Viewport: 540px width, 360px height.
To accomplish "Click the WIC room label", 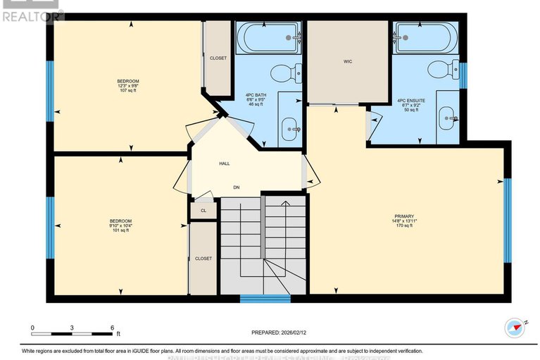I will (347, 62).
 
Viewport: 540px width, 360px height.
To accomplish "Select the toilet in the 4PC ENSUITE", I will (440, 70).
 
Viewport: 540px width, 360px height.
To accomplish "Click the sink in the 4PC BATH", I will (289, 128).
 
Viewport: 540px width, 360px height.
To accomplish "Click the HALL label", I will (224, 163).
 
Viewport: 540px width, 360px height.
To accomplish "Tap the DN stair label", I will (238, 187).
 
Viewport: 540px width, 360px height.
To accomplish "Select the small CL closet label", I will (203, 210).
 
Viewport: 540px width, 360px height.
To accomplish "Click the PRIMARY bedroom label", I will (403, 216).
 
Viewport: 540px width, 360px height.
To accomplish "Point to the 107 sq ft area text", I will (127, 91).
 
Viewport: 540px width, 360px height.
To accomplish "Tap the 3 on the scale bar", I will (72, 328).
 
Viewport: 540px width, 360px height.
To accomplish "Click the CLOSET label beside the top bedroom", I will (218, 58).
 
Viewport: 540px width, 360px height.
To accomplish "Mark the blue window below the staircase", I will (265, 299).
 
